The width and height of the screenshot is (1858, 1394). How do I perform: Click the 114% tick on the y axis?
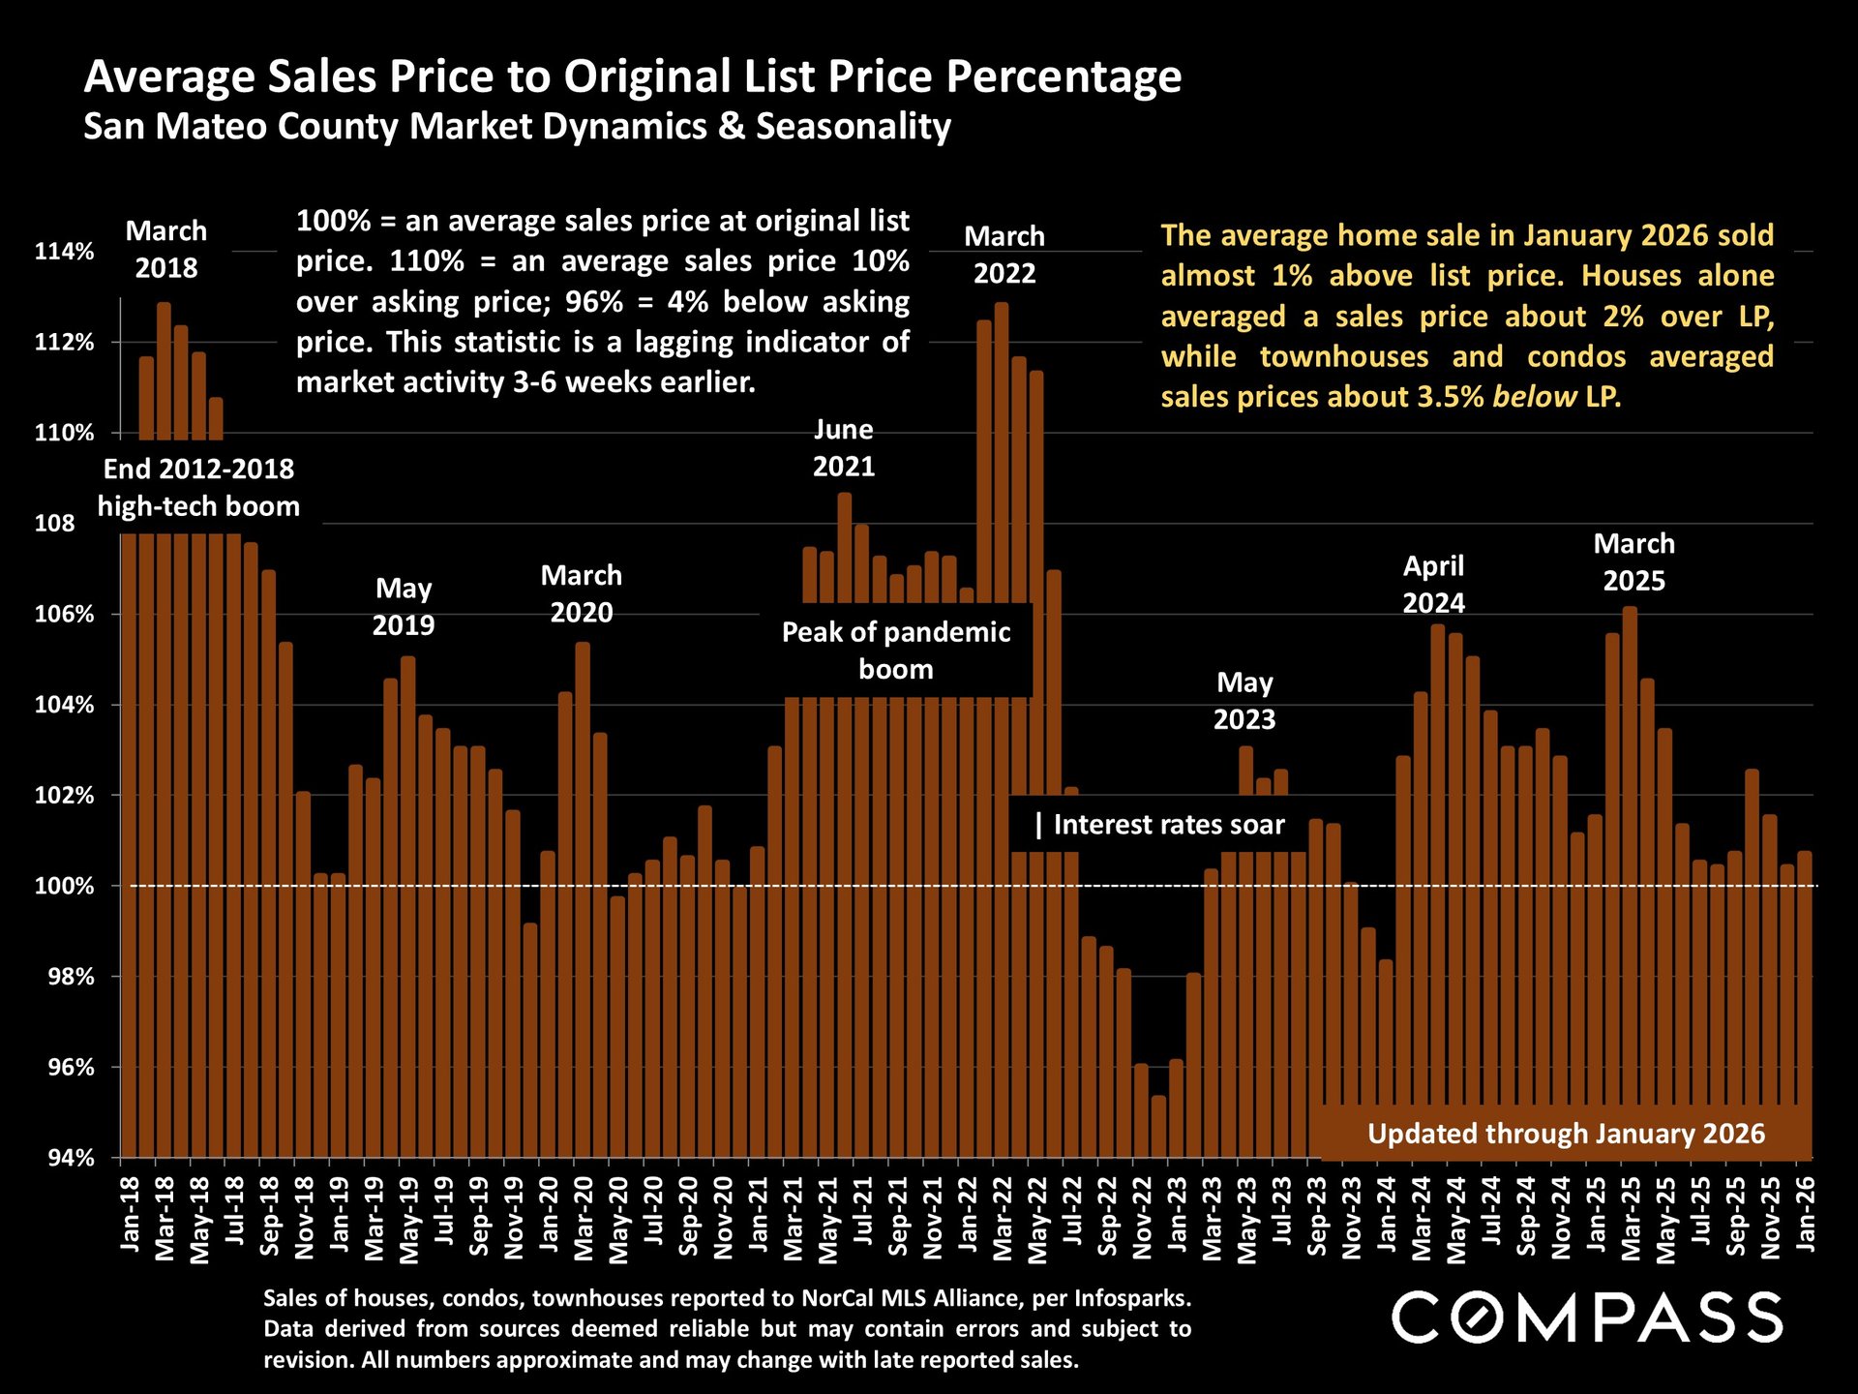(x=64, y=252)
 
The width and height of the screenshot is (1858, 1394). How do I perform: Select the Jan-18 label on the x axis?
(x=130, y=1214)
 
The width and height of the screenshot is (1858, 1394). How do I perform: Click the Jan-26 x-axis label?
(x=1806, y=1214)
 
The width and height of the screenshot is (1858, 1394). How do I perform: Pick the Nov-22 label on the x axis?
(x=1142, y=1218)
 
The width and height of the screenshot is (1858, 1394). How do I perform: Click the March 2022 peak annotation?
(x=1004, y=255)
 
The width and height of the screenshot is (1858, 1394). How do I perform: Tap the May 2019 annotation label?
(x=404, y=607)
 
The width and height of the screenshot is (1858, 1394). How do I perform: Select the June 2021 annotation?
(x=843, y=447)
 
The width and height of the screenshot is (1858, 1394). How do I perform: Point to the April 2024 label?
(x=1433, y=585)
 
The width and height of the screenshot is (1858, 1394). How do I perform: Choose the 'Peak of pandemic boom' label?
(x=896, y=651)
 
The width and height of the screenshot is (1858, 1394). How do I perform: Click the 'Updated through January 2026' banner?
(x=1565, y=1134)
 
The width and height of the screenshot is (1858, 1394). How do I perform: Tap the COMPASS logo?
(x=1586, y=1318)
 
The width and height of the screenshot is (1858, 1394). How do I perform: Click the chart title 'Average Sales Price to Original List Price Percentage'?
(x=633, y=76)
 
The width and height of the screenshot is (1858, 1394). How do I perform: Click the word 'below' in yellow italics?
(x=1534, y=397)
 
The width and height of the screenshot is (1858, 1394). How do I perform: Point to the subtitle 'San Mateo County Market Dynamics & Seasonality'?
(x=517, y=127)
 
